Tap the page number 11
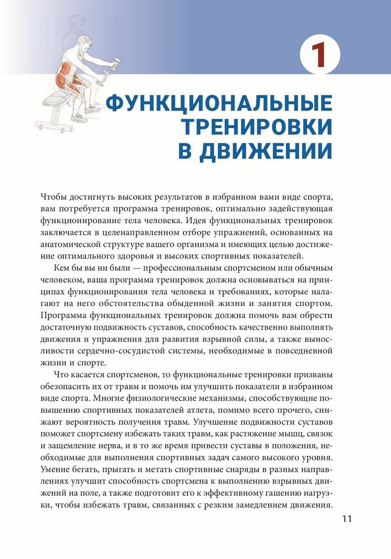[348, 519]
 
